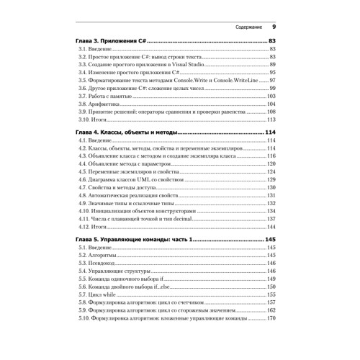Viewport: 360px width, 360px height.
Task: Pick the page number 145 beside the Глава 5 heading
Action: (271, 238)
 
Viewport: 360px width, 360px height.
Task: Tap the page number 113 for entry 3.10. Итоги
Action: (272, 121)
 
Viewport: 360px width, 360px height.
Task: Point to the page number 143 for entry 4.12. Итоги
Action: (272, 225)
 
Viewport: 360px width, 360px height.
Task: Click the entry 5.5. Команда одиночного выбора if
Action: (127, 279)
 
